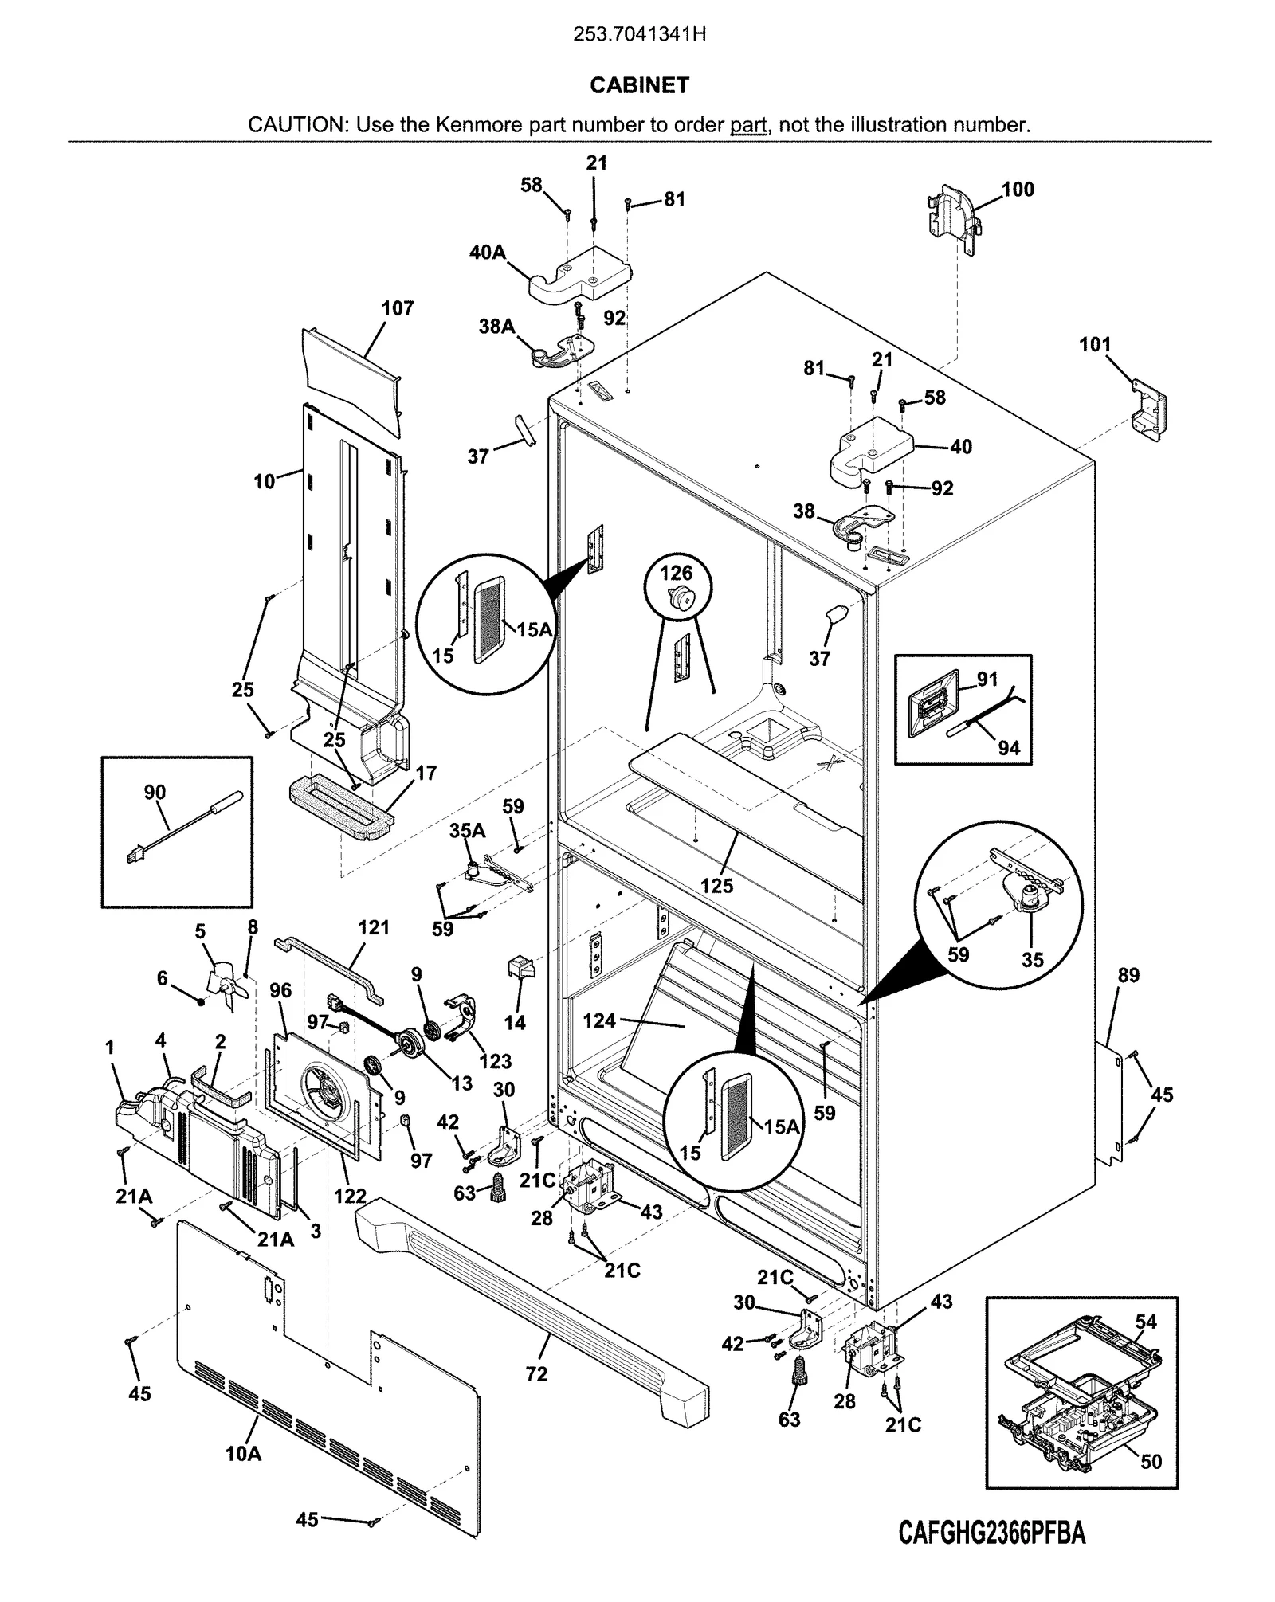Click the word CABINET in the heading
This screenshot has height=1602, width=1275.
coord(639,85)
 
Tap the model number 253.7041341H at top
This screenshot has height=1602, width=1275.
coord(640,35)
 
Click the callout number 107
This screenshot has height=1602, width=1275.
coord(398,308)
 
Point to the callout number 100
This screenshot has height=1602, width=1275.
coord(1018,190)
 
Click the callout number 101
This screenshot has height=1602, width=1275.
coord(1095,345)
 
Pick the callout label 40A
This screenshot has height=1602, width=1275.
coord(488,253)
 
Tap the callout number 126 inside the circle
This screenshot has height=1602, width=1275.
coord(676,573)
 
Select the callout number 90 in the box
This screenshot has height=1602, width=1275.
coord(155,793)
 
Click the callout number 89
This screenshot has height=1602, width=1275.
coord(1128,975)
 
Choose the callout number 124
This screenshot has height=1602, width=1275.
coord(599,1020)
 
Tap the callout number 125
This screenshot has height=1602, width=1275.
coord(716,886)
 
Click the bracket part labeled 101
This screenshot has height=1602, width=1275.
coord(1149,409)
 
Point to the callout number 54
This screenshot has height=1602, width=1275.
coord(1146,1322)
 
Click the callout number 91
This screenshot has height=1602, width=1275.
coord(987,680)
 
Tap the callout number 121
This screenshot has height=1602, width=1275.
coord(374,928)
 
